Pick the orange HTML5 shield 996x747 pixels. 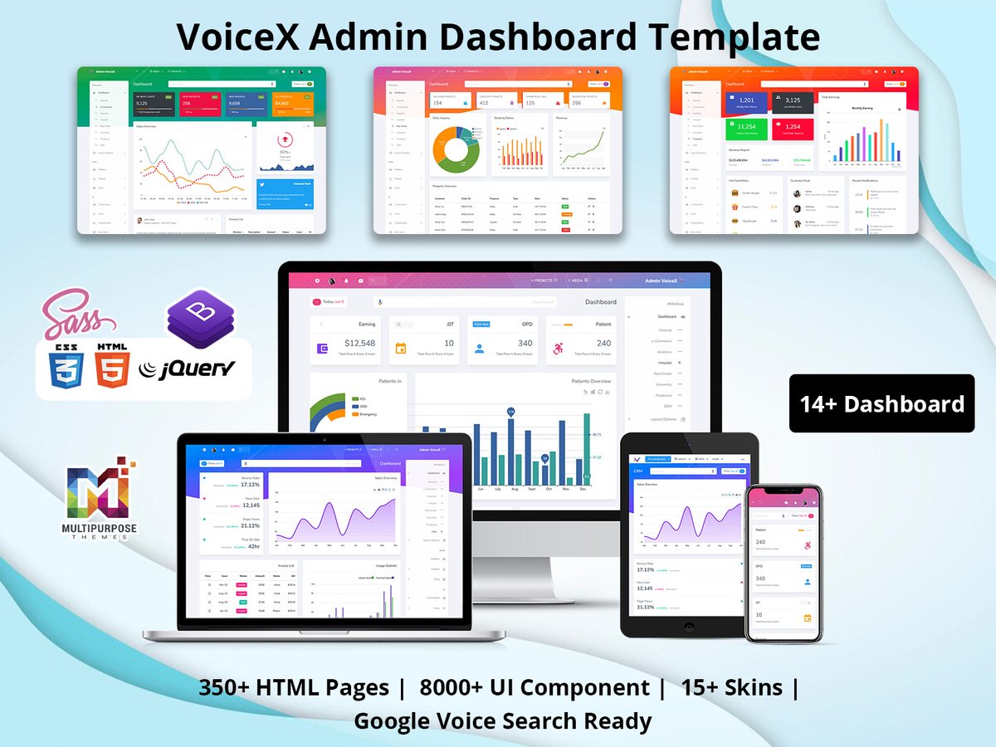pos(111,366)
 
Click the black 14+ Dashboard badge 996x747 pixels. pos(881,403)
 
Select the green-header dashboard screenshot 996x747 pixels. pos(202,150)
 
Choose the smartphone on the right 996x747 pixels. pos(783,564)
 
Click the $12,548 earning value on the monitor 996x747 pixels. pos(359,343)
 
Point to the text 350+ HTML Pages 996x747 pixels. pos(294,687)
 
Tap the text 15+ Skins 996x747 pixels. pos(731,687)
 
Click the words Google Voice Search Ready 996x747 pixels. pos(503,720)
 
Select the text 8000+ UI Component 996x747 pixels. pos(535,687)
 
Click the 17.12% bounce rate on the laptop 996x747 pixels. pos(250,484)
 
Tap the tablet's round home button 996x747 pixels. pos(690,625)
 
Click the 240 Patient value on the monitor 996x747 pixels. pos(603,343)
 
